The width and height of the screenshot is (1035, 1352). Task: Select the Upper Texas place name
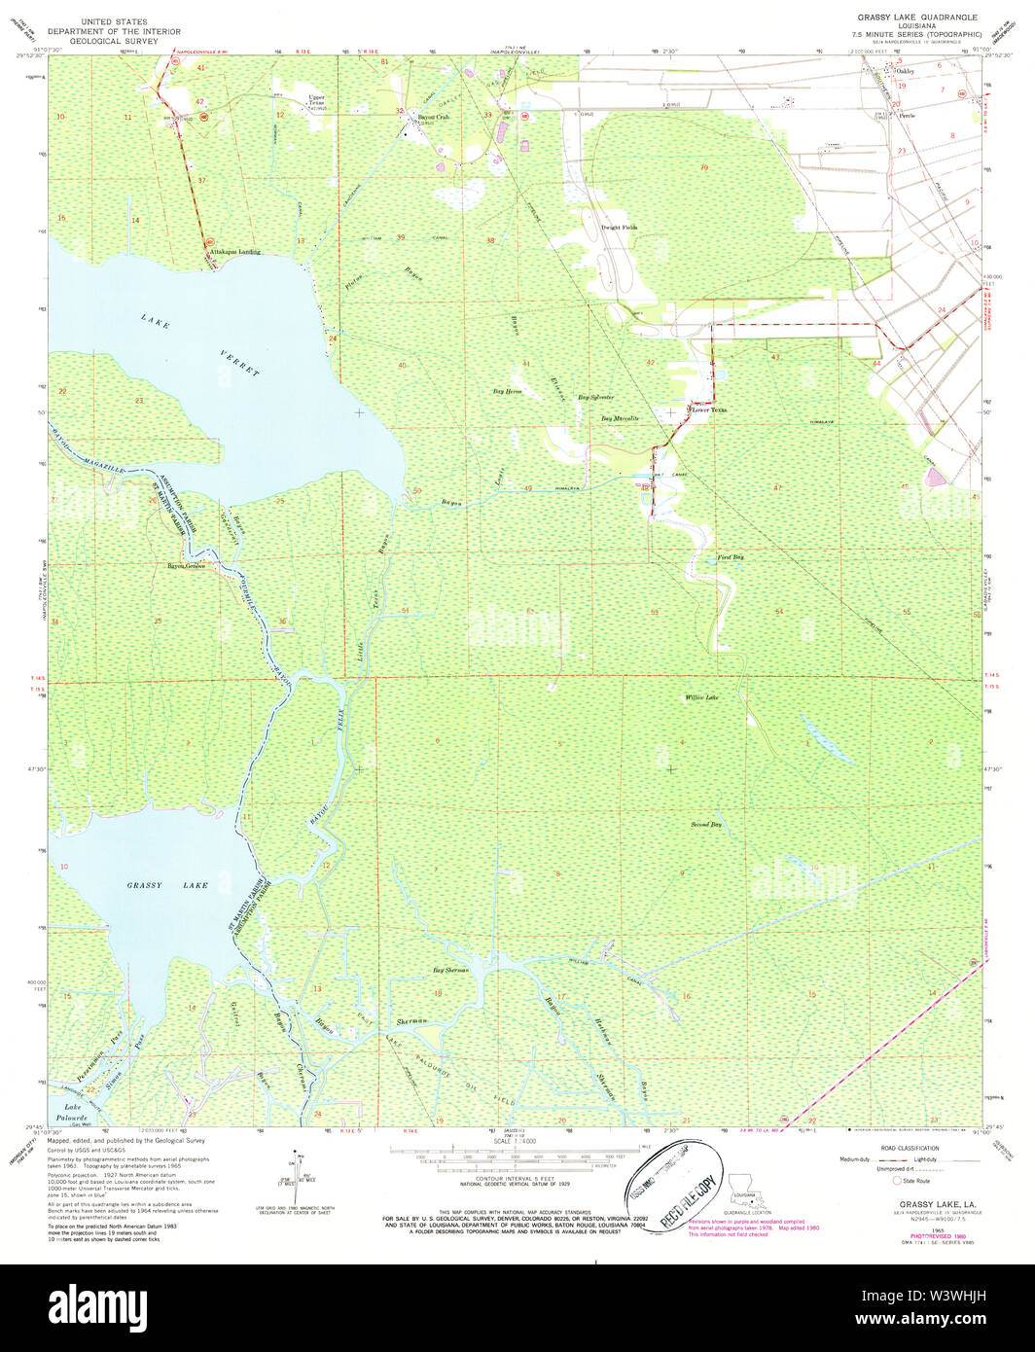(x=316, y=101)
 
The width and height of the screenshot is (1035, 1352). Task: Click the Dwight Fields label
(x=619, y=227)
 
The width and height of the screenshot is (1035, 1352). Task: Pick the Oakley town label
(x=905, y=70)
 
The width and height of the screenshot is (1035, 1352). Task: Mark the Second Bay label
(x=706, y=825)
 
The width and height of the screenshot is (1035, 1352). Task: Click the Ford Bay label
(x=731, y=557)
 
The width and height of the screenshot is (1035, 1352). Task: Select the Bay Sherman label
(x=450, y=971)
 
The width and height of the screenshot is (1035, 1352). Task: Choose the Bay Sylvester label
(x=596, y=397)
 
